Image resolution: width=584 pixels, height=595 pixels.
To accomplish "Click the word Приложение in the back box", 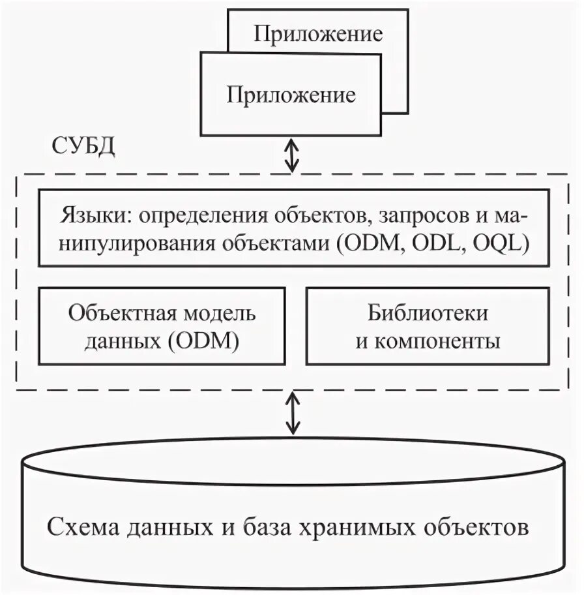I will coord(317,34).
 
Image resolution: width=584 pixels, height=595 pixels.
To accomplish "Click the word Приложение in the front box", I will coord(291,95).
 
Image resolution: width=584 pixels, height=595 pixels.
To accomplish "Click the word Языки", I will coord(96,216).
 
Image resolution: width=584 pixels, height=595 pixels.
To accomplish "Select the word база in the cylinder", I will coord(263,526).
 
